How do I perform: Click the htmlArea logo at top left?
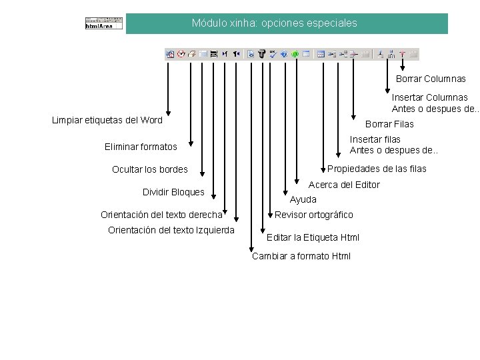pyautogui.click(x=104, y=23)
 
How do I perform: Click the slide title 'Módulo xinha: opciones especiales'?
pyautogui.click(x=274, y=23)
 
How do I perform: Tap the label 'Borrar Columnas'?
pyautogui.click(x=431, y=79)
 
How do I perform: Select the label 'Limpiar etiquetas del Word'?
pyautogui.click(x=107, y=121)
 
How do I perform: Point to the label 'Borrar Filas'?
pyautogui.click(x=389, y=124)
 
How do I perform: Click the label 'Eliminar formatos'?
pyautogui.click(x=141, y=147)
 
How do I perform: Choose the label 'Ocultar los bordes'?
pyautogui.click(x=150, y=169)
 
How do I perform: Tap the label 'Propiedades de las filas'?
pyautogui.click(x=377, y=169)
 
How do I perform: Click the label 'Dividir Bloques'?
pyautogui.click(x=173, y=192)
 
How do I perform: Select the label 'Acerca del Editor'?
pyautogui.click(x=344, y=185)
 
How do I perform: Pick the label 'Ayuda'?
pyautogui.click(x=303, y=199)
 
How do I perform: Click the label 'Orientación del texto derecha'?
pyautogui.click(x=161, y=215)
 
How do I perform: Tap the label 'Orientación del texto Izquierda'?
pyautogui.click(x=171, y=231)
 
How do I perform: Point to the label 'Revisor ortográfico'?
pyautogui.click(x=314, y=215)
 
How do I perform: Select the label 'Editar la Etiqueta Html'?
pyautogui.click(x=313, y=237)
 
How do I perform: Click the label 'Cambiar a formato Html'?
pyautogui.click(x=301, y=257)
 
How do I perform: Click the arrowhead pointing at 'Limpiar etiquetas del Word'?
pyautogui.click(x=169, y=113)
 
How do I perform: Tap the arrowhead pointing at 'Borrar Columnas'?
pyautogui.click(x=403, y=67)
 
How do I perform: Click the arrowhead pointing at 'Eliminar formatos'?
pyautogui.click(x=191, y=141)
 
